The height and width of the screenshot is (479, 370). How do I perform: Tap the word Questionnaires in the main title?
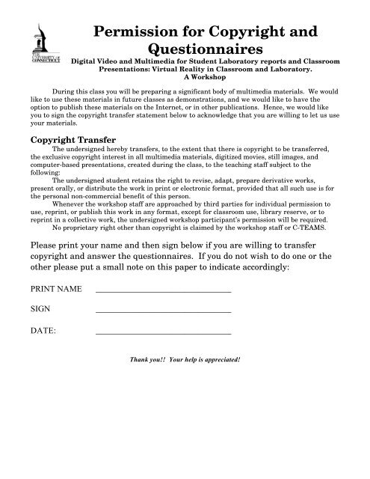point(197,50)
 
